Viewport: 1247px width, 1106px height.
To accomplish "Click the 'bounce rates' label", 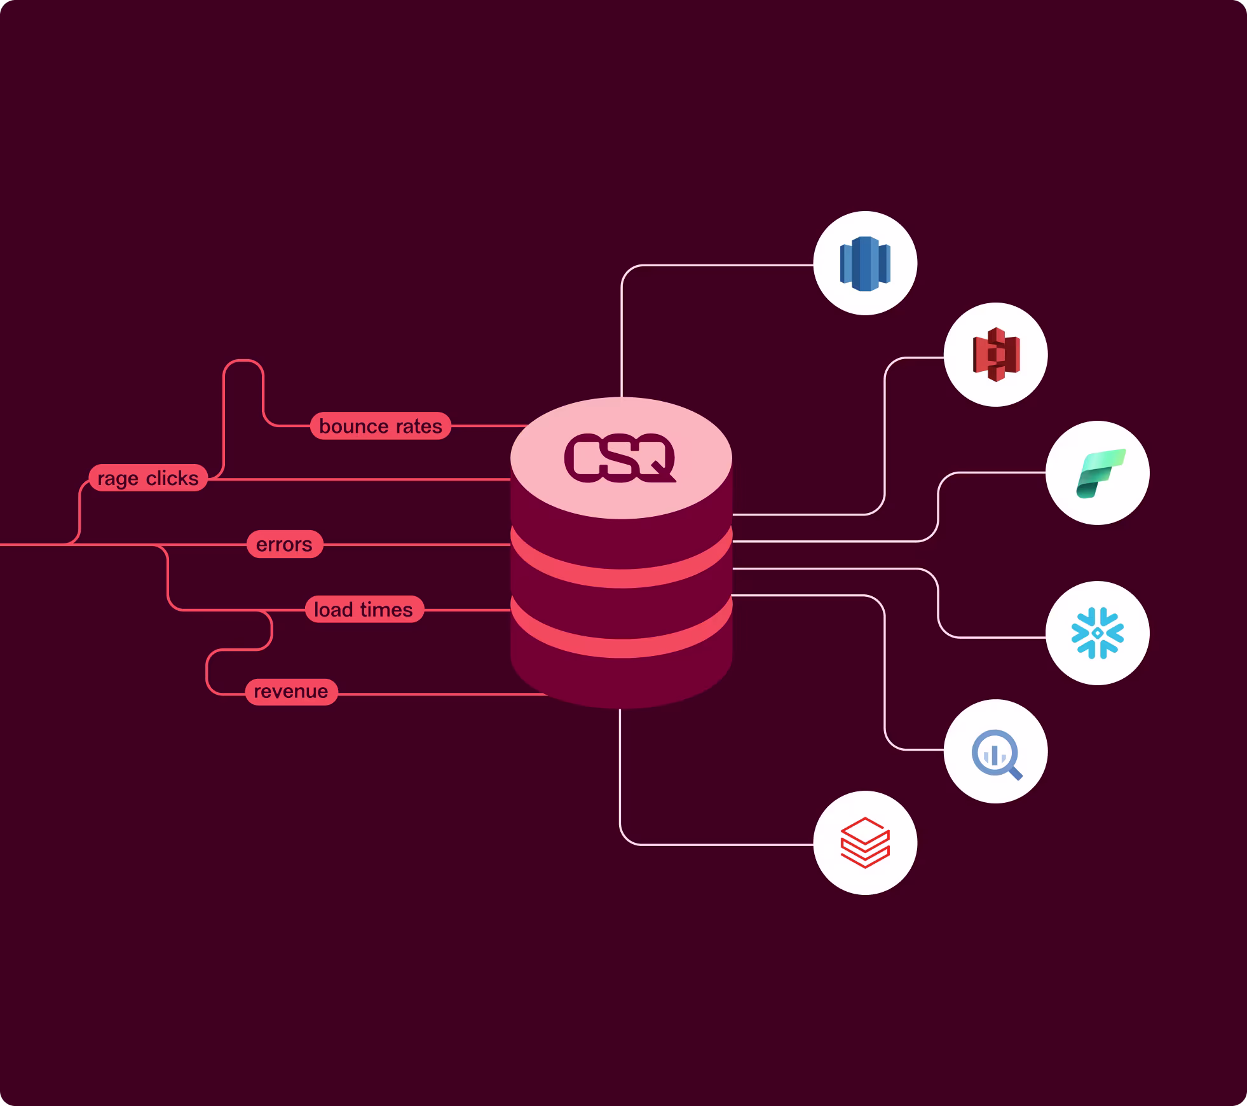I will [x=380, y=426].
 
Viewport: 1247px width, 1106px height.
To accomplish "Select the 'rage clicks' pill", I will [x=148, y=478].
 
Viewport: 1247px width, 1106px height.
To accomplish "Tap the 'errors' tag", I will [x=284, y=545].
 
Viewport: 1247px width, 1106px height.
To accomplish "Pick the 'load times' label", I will [x=364, y=610].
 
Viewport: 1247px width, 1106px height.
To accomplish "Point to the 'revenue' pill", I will [x=291, y=692].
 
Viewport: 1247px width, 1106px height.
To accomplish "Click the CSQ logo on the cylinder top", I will [x=620, y=458].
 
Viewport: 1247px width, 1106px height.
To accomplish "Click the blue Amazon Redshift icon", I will [x=865, y=263].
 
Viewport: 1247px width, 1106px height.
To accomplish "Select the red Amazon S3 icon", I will [x=996, y=355].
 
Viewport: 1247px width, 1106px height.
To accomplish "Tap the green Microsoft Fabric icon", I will [x=1098, y=473].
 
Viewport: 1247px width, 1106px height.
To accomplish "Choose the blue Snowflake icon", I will [x=1098, y=633].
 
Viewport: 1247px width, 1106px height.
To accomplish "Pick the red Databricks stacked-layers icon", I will [x=865, y=843].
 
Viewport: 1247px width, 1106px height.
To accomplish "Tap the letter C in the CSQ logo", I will [x=582, y=458].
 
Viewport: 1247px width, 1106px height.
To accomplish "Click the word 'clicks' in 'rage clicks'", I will [x=172, y=478].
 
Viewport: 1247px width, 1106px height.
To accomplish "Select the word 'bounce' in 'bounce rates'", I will [x=349, y=426].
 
